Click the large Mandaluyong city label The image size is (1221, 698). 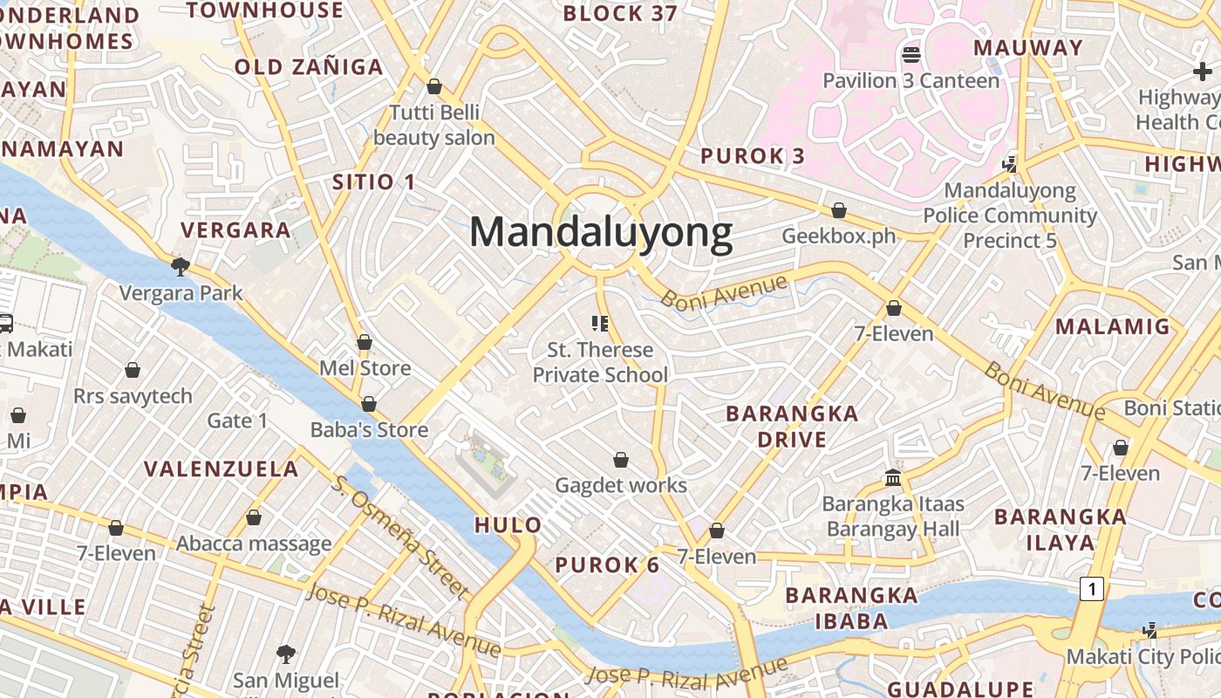pos(601,233)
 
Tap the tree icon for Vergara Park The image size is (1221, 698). pos(181,266)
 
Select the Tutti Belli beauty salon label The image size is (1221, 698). pos(434,125)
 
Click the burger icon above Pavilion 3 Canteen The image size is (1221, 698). pos(911,56)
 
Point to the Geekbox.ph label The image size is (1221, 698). pos(839,236)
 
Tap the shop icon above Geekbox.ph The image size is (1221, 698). pos(839,210)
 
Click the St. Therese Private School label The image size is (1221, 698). pos(600,362)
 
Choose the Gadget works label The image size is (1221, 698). pos(621,485)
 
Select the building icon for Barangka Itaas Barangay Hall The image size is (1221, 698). pos(893,477)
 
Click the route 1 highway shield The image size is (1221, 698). pos(1090,589)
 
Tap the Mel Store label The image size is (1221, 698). pos(365,367)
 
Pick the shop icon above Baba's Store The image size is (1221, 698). pos(369,404)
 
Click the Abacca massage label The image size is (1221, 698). pos(254,544)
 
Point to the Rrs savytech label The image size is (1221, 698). pos(133,396)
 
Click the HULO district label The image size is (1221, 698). pos(508,524)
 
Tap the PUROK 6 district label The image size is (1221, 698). pos(607,565)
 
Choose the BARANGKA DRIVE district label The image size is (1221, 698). pos(792,426)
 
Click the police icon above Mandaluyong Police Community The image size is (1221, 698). pos(1010,163)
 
